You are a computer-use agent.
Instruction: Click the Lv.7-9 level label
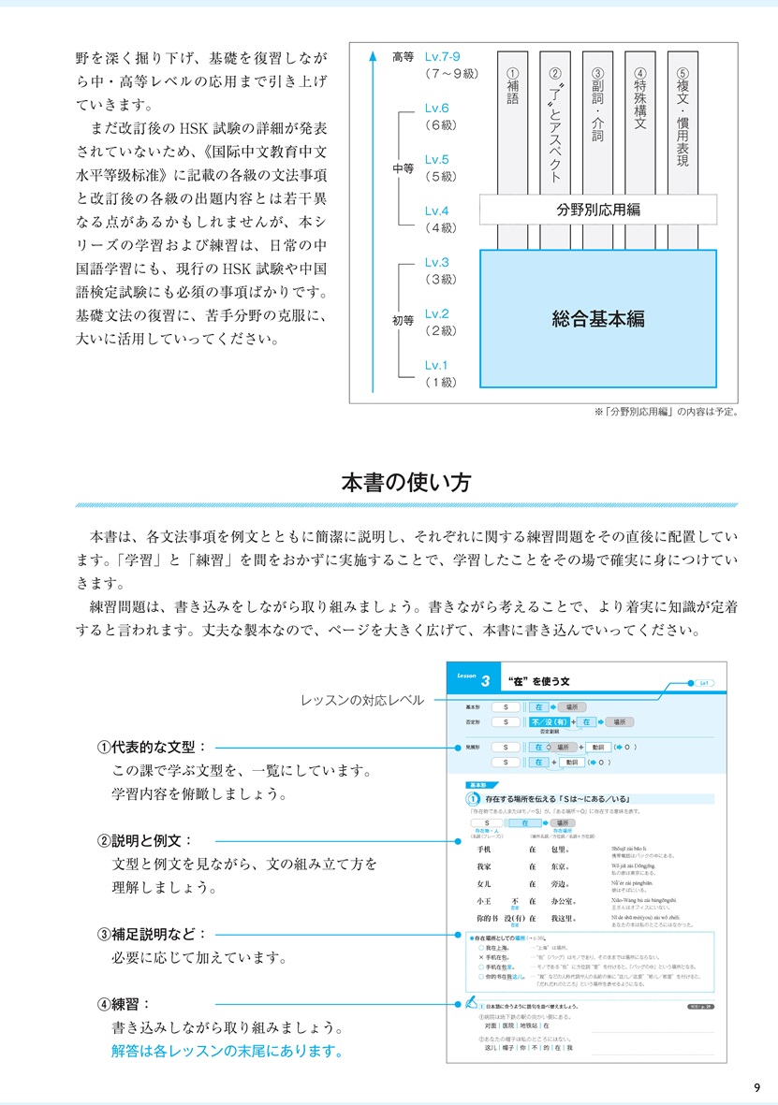click(443, 57)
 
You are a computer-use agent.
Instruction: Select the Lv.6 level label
click(436, 109)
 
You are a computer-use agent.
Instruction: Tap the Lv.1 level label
click(436, 365)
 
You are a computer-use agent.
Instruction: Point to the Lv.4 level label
click(436, 211)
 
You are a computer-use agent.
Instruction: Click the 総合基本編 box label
click(598, 318)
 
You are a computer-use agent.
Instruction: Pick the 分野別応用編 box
click(598, 210)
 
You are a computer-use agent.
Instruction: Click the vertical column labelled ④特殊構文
click(640, 103)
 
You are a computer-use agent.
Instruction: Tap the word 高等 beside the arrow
click(404, 57)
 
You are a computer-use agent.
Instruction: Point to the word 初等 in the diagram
click(404, 321)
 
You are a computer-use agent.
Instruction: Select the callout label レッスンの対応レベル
click(362, 700)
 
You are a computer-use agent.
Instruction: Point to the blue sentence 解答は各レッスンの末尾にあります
click(225, 1051)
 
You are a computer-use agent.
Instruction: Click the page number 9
click(756, 1086)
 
